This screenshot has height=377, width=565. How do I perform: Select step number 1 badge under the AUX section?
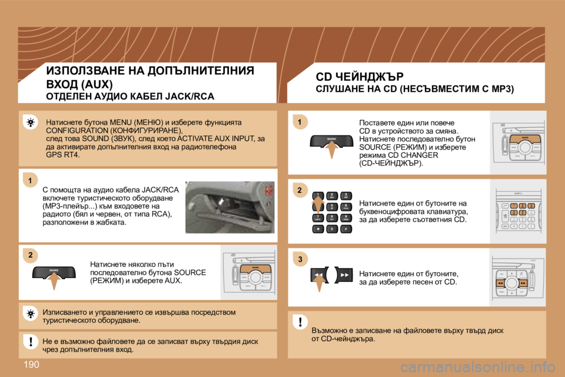click(29, 178)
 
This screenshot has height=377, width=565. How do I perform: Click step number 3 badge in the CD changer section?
click(299, 259)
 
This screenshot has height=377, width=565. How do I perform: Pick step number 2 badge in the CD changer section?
click(299, 190)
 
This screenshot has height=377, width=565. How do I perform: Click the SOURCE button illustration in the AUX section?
click(54, 272)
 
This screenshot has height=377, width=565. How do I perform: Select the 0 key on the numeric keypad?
click(331, 229)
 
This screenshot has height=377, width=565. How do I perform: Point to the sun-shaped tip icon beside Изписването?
click(29, 313)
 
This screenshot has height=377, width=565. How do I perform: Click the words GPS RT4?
click(62, 155)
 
